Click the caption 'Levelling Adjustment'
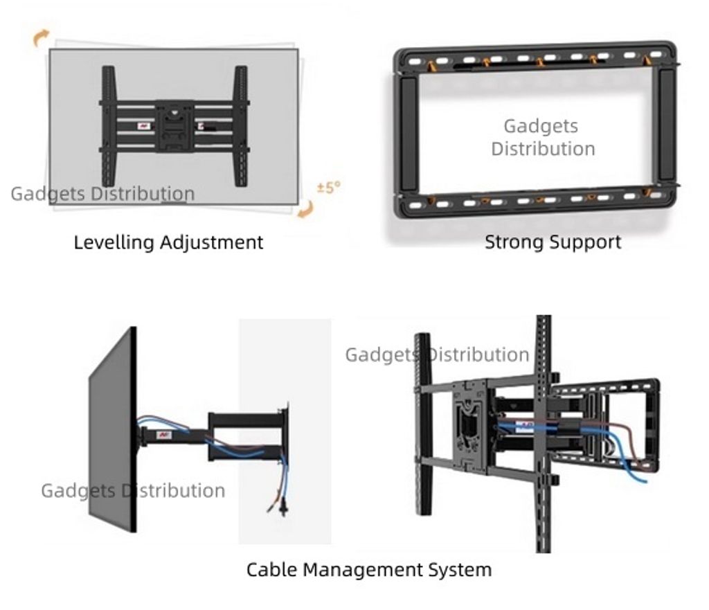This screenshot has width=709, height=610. (x=168, y=242)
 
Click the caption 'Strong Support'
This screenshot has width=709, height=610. (x=553, y=242)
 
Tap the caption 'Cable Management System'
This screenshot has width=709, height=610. (x=369, y=570)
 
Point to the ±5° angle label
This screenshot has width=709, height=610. (x=329, y=188)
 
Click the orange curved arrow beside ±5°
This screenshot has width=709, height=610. (x=305, y=209)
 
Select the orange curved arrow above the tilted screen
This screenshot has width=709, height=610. (x=41, y=37)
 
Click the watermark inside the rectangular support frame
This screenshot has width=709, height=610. (x=543, y=137)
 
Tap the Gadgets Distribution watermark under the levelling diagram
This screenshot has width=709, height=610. (x=102, y=194)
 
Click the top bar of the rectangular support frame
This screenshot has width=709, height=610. (x=533, y=58)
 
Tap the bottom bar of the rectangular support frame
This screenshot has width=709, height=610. (x=533, y=201)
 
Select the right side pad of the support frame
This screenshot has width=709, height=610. (x=666, y=125)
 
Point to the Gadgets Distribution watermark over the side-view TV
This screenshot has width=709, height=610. (x=133, y=491)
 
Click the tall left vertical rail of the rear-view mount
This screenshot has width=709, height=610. (x=422, y=422)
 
